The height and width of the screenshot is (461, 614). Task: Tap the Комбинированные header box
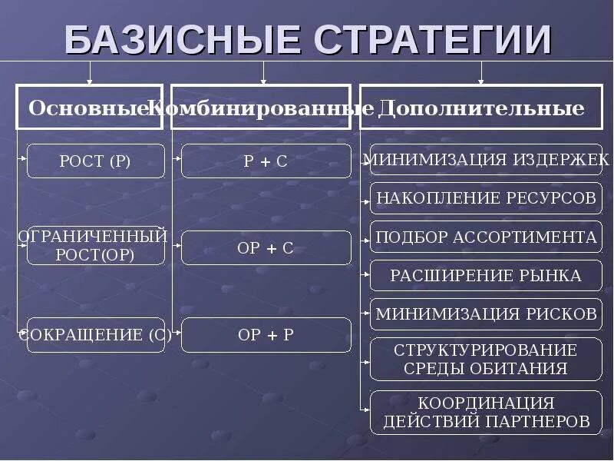click(x=263, y=108)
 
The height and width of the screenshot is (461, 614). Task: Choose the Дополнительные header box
click(x=481, y=108)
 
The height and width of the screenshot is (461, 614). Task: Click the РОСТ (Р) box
click(x=96, y=161)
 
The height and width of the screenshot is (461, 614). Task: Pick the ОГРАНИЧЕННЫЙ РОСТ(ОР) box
click(x=96, y=246)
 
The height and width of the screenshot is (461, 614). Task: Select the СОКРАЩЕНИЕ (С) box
click(x=96, y=335)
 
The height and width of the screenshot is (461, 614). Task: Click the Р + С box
click(x=266, y=161)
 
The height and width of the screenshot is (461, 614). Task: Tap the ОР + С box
click(x=266, y=248)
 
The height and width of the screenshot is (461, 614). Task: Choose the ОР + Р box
click(x=266, y=335)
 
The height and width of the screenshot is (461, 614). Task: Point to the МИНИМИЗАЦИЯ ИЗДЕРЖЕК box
click(x=486, y=160)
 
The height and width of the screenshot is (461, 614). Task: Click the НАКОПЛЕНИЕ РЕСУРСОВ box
click(x=486, y=198)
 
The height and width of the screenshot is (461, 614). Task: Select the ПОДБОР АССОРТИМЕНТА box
click(x=486, y=237)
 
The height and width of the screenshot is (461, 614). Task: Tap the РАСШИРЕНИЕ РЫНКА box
click(x=486, y=275)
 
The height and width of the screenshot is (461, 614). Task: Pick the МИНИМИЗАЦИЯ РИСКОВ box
click(x=486, y=313)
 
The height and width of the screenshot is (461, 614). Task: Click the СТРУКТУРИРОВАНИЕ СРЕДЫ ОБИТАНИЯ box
click(x=486, y=359)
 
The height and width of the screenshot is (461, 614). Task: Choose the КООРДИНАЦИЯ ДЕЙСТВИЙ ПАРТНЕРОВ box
click(x=486, y=413)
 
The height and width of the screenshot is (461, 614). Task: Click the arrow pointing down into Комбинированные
click(x=264, y=75)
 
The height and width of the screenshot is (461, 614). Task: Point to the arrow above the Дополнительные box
click(x=481, y=75)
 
